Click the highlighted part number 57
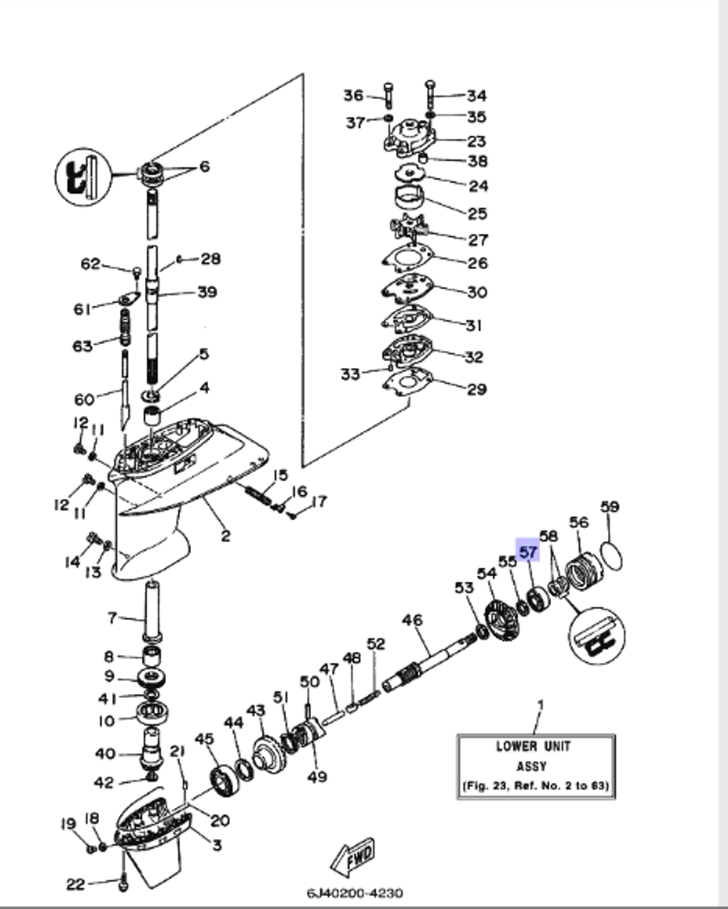coord(527,552)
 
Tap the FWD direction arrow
coord(355,857)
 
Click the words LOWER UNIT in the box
coord(533,746)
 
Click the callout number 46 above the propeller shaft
coord(412,621)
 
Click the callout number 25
coord(477,213)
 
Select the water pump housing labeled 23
coord(408,138)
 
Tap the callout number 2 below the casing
coord(226,536)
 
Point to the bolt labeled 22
coord(123,881)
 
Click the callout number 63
coord(82,345)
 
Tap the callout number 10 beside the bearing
coord(107,720)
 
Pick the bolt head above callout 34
coord(429,84)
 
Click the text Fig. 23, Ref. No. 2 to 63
coord(535,786)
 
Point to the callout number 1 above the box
coord(539,705)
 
